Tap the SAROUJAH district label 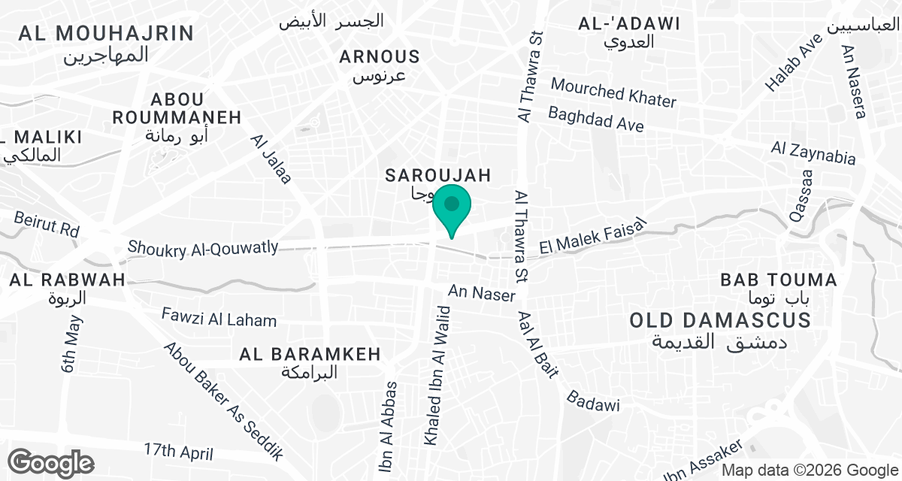tap(438, 176)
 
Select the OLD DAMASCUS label tap(720, 321)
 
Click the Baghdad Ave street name tap(596, 119)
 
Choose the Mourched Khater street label tap(613, 92)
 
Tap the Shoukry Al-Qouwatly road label tap(203, 247)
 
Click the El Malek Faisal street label tap(593, 235)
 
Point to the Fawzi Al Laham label tap(219, 318)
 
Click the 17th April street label tap(178, 452)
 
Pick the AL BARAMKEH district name tap(310, 354)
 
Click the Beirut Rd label tap(46, 224)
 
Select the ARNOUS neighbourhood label tap(380, 57)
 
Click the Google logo tap(52, 462)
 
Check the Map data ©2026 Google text tap(808, 470)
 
